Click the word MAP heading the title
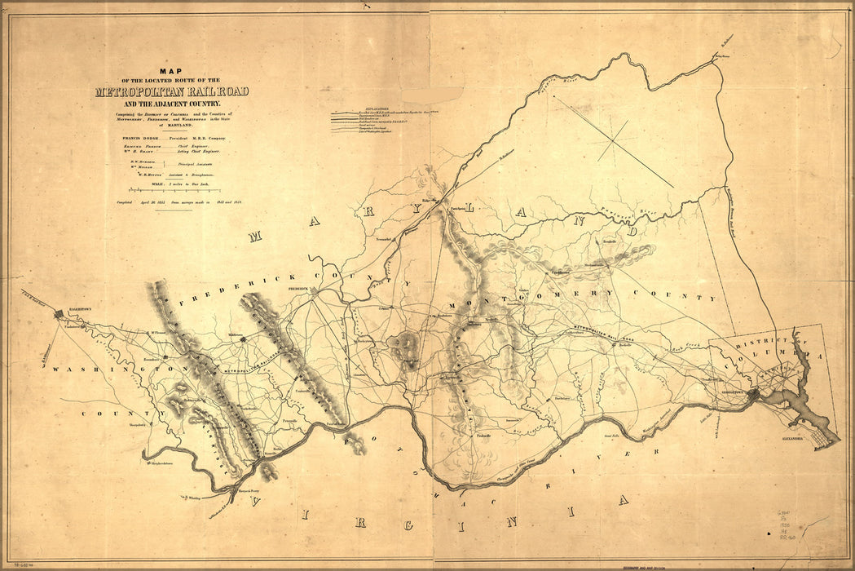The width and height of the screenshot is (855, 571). click(172, 71)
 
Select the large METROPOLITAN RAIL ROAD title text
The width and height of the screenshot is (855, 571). click(171, 91)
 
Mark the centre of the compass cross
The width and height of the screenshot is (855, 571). click(619, 136)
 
